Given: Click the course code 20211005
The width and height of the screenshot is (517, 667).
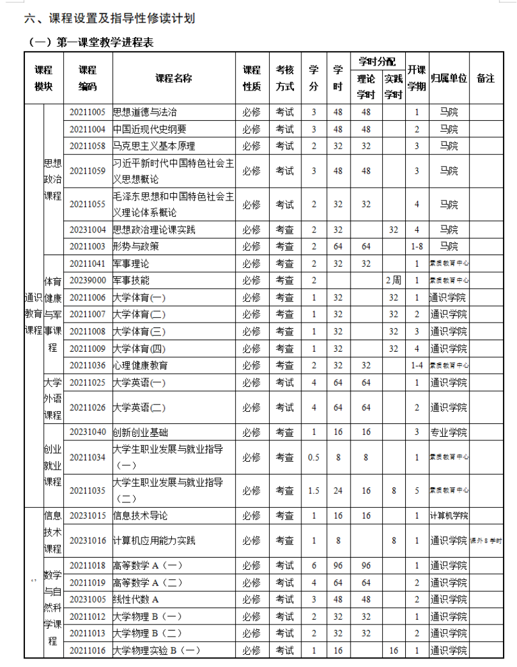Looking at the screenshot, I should coord(87,112).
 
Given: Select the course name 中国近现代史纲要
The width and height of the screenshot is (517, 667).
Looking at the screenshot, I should coord(149,129).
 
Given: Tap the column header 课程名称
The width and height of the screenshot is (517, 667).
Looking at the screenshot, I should coord(174,78).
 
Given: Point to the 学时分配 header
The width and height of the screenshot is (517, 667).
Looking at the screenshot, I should coord(377,61).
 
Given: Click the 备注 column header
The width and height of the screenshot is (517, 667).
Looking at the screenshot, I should coord(485,78).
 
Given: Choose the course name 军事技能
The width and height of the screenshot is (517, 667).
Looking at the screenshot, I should coord(131,281).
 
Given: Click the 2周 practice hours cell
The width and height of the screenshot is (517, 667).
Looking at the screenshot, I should coord(393,281).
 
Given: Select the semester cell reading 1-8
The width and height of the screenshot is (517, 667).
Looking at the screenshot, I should coord(417,247).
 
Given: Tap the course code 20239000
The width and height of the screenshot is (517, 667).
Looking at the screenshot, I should coord(87,281).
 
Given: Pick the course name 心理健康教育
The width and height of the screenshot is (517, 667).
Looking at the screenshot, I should coord(140,366).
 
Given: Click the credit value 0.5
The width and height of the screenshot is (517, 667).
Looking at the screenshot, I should coord(313,457).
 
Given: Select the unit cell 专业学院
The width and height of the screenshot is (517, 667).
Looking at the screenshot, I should coord(448,433).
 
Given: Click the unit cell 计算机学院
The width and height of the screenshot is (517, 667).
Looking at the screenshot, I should coord(448,516).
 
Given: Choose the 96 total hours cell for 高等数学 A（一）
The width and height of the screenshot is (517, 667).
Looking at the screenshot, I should coord(338,566).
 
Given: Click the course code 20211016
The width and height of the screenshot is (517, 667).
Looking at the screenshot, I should coord(87,651).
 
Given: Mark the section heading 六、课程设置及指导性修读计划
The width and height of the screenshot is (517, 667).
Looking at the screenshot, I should coord(109,19).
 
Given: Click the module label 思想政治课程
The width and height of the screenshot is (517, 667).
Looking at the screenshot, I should coord(53,180).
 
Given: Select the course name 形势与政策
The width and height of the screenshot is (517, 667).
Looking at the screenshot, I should coord(136,247).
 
